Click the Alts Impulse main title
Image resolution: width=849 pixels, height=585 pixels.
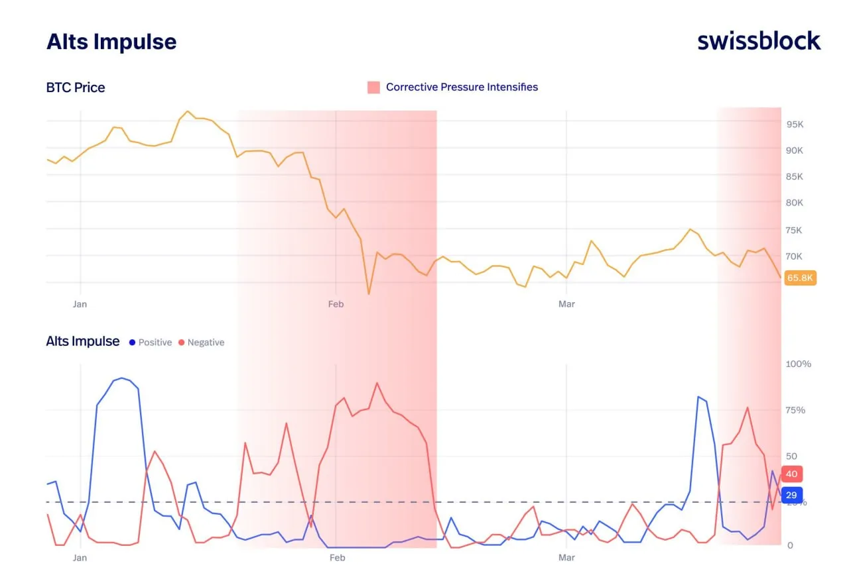[111, 42]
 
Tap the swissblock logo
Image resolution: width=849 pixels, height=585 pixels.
[759, 41]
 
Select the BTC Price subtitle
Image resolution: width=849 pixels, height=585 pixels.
[76, 87]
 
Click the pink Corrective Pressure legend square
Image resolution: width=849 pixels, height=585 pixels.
[374, 87]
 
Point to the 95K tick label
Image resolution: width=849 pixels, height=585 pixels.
[795, 125]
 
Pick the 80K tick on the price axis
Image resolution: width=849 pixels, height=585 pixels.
[795, 203]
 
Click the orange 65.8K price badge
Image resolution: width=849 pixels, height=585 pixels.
[800, 278]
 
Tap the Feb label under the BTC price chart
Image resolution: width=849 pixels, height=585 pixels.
[336, 304]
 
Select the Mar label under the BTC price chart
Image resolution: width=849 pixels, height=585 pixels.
[566, 304]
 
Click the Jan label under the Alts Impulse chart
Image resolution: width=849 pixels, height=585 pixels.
[80, 558]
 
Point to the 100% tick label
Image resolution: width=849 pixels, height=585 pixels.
[799, 364]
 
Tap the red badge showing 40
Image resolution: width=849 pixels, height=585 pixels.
[791, 474]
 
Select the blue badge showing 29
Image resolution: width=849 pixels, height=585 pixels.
[791, 496]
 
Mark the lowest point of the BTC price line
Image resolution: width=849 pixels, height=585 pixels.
[369, 293]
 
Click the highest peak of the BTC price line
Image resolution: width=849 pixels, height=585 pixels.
[188, 111]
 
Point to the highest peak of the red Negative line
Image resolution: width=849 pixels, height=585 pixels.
[377, 383]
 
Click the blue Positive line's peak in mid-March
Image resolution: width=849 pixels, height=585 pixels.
[698, 397]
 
